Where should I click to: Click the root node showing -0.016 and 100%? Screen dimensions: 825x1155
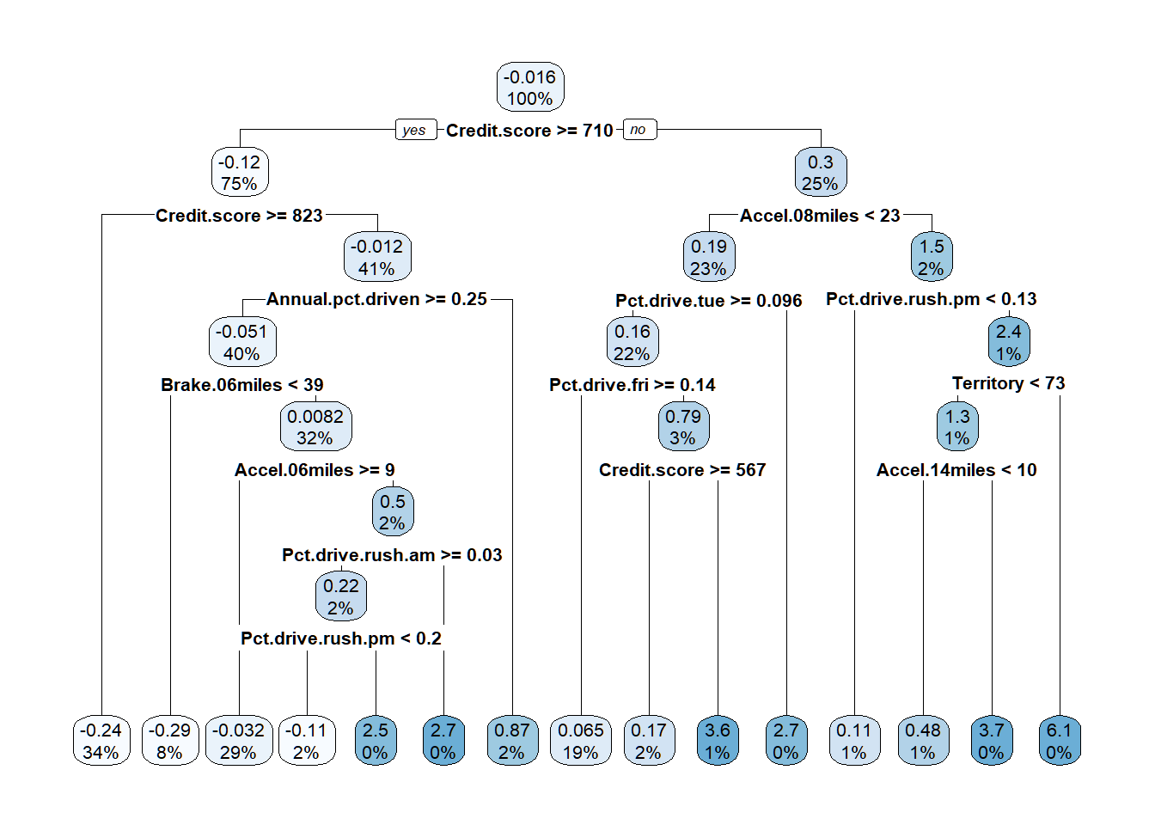point(530,87)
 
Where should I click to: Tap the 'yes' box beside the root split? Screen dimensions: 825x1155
point(414,130)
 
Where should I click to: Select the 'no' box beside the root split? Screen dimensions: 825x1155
point(639,130)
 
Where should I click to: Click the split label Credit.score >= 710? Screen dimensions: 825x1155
point(529,131)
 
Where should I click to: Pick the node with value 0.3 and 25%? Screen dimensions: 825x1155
point(820,172)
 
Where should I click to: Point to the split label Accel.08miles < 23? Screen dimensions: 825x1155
point(820,216)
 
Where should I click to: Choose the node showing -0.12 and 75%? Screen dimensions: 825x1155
point(240,172)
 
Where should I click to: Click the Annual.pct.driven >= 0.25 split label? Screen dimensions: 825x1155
point(376,299)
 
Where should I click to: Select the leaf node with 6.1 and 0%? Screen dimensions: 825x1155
point(1059,741)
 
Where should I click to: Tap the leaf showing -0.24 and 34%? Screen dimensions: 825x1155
point(101,741)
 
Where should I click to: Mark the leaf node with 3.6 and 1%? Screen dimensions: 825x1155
point(718,741)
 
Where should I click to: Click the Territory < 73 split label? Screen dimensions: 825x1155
point(1008,383)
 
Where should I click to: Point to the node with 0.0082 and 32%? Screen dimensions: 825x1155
point(315,426)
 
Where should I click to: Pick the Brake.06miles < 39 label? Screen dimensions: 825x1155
point(242,385)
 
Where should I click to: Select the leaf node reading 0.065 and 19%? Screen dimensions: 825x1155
point(581,741)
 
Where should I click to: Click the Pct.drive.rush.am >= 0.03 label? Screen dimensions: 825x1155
point(392,555)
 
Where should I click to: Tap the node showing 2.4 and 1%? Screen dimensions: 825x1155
point(1008,342)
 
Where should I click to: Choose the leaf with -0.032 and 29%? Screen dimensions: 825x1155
point(238,741)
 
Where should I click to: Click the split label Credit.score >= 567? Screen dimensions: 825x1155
point(682,470)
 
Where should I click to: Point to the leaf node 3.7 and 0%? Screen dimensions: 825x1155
point(991,741)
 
